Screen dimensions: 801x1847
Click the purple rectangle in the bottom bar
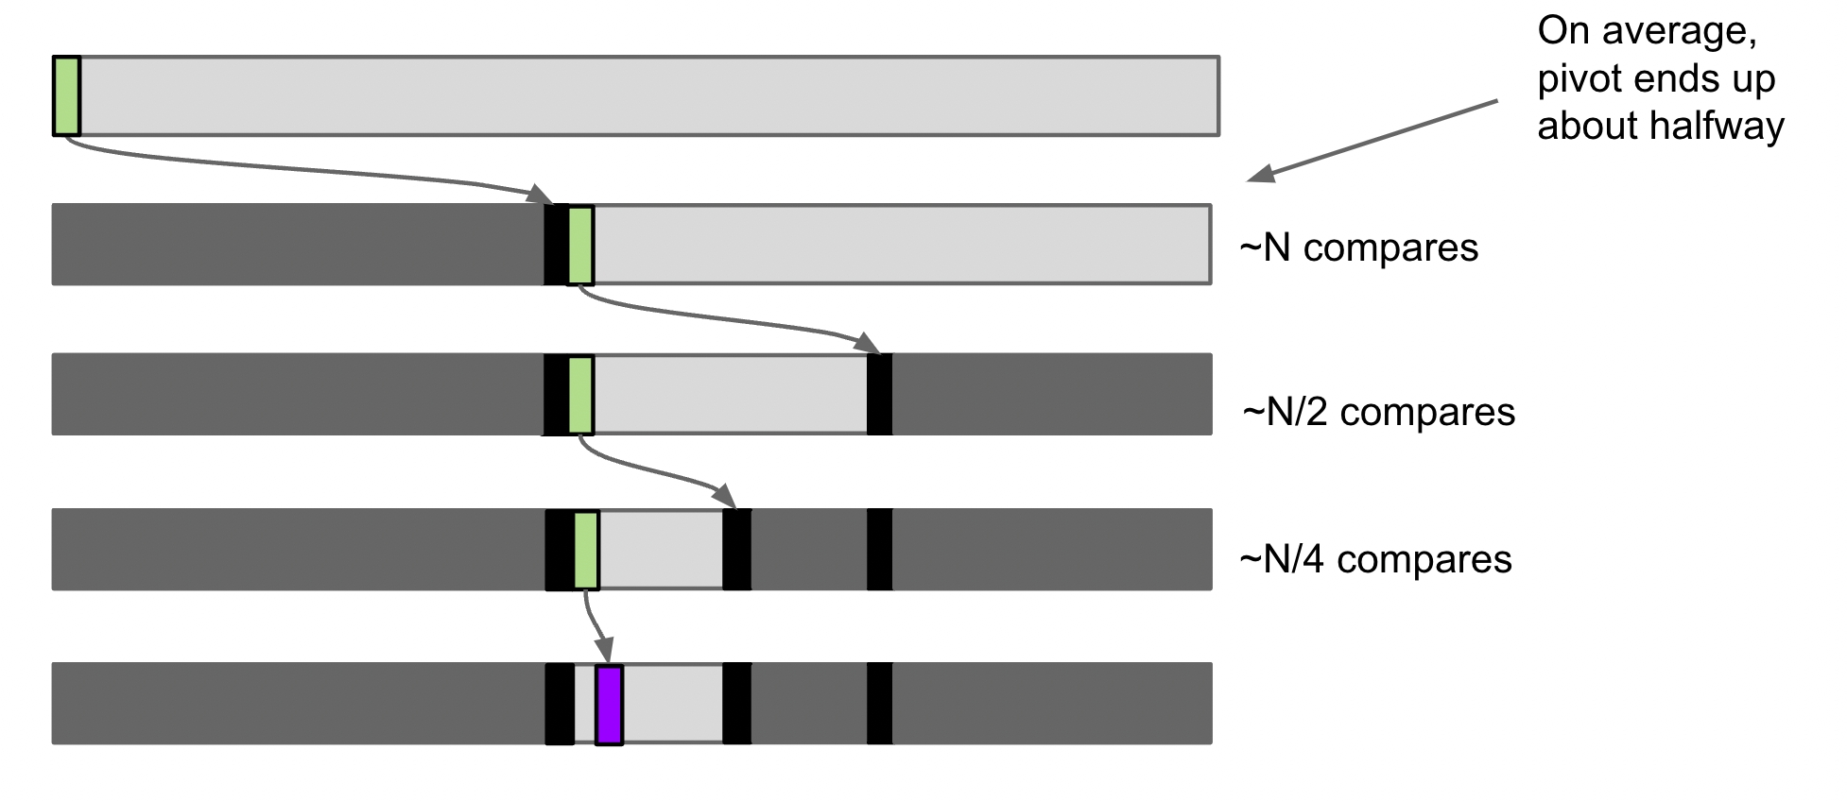pos(609,705)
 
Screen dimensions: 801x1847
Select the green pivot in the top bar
pos(66,95)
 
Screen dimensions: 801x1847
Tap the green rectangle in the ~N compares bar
pos(580,246)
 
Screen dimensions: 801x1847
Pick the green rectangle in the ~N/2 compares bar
pos(580,395)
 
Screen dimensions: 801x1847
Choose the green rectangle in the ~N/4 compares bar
pos(586,550)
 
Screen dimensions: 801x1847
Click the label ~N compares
pos(1358,247)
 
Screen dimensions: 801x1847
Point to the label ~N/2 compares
pos(1378,412)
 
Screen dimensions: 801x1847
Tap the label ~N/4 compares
pos(1375,559)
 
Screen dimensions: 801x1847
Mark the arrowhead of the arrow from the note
pos(1260,175)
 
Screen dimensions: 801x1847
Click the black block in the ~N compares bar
pos(555,246)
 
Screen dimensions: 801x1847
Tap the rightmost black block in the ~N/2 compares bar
pos(879,395)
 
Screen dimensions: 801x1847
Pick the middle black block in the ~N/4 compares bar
pos(736,550)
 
